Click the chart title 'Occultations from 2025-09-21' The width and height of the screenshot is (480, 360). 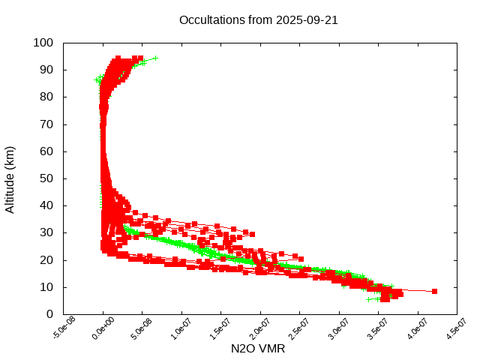pos(258,19)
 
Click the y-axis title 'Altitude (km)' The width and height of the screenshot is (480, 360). pos(10,178)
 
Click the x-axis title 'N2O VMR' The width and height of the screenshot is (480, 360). pos(258,349)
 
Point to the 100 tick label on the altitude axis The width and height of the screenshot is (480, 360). pos(43,43)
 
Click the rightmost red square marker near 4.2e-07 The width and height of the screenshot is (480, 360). pos(434,291)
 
